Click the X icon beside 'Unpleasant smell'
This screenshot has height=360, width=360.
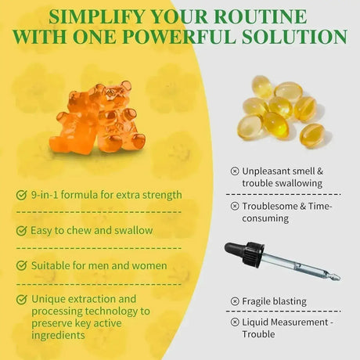click(235, 171)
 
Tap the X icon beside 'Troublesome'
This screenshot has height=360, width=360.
click(235, 206)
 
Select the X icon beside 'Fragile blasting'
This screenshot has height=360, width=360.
click(235, 301)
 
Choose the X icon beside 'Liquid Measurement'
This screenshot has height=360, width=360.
click(235, 322)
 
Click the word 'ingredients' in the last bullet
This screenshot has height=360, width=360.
click(59, 335)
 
